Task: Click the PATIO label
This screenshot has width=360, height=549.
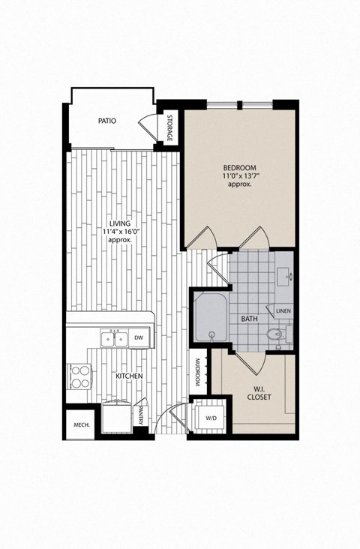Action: click(106, 120)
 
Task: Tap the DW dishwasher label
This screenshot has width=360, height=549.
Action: click(138, 338)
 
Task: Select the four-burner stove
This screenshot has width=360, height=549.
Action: click(78, 374)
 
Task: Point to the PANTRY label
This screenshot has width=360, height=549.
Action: click(141, 416)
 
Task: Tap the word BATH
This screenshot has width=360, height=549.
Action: click(250, 319)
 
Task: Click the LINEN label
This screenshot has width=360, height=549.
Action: click(283, 310)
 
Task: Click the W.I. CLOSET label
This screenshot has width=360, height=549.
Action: click(259, 391)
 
